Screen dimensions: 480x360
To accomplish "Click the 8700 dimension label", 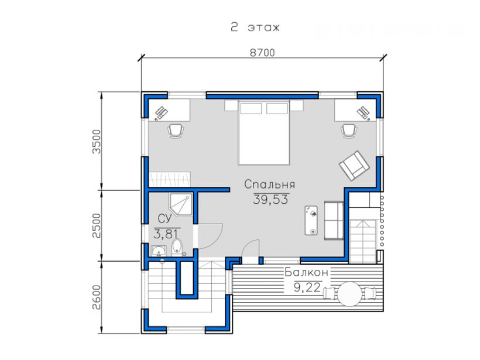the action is [x=262, y=53].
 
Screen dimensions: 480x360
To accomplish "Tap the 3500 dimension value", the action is [x=97, y=142].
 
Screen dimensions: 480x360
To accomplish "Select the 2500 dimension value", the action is [x=97, y=225].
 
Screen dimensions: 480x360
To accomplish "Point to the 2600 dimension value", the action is [x=97, y=297].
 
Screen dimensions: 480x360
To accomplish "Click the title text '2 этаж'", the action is [x=255, y=28].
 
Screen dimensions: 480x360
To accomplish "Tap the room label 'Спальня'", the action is [x=270, y=184].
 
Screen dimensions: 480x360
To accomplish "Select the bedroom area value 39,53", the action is [x=270, y=200].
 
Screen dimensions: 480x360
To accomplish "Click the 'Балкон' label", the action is [x=306, y=272].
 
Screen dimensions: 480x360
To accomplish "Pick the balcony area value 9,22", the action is [x=307, y=287].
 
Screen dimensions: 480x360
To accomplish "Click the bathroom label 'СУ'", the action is [x=164, y=218].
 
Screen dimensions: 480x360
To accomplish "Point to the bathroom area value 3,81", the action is [x=166, y=234].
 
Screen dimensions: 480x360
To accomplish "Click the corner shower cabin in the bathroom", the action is [x=180, y=204].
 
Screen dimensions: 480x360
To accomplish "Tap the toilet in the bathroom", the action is [x=177, y=247].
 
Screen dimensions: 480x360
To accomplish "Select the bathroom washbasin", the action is [x=159, y=251].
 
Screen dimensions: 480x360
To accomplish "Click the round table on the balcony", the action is [x=349, y=294].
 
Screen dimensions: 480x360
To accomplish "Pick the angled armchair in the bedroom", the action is [x=354, y=165].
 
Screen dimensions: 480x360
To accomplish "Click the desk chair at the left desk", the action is [x=176, y=131].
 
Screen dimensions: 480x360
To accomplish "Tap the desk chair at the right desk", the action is [x=349, y=131].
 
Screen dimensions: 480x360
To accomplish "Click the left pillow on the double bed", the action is [x=251, y=109].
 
